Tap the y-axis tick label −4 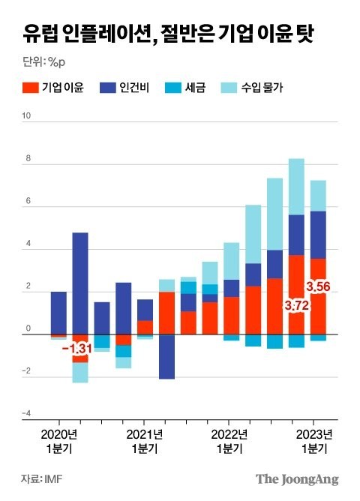(25, 413)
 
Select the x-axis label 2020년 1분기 (58, 441)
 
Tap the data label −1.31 (76, 349)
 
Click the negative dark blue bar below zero (166, 356)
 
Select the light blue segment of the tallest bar (296, 187)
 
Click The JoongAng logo (297, 478)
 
